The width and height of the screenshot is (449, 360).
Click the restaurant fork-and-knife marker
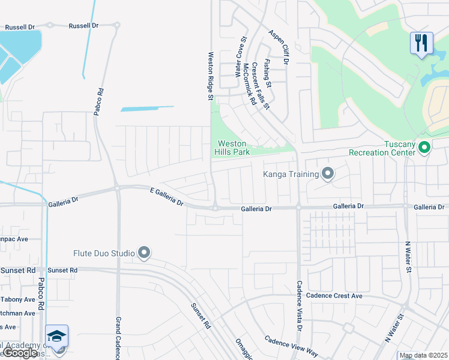click(422, 43)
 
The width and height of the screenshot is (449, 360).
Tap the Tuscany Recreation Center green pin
click(424, 146)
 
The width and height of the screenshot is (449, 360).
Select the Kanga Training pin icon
click(328, 174)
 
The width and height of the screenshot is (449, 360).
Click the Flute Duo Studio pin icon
click(143, 253)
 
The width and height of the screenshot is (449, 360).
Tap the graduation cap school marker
click(56, 337)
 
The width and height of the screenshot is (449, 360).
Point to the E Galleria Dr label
click(166, 196)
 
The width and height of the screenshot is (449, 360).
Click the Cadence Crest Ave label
click(334, 296)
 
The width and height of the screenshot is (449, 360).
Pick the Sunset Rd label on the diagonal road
click(200, 316)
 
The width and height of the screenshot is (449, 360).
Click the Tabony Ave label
click(18, 299)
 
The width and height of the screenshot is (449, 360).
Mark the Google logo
click(20, 353)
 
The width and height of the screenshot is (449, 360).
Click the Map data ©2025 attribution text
click(423, 355)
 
